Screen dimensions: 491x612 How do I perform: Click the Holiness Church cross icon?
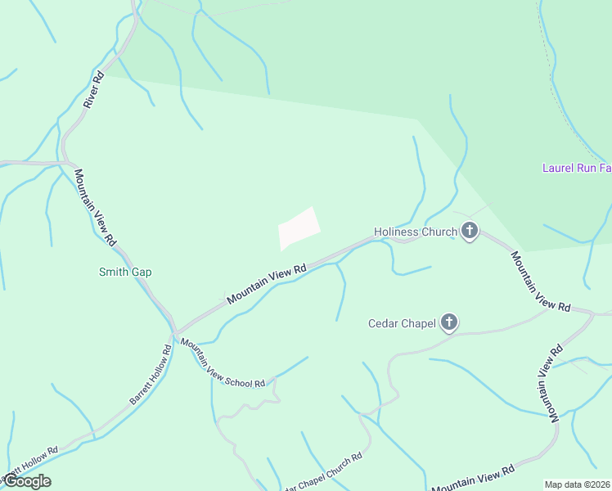pyautogui.click(x=470, y=232)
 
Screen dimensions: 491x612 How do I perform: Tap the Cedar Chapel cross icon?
pyautogui.click(x=448, y=323)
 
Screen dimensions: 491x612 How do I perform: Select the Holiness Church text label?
pyautogui.click(x=416, y=232)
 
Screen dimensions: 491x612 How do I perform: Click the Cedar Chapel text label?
pyautogui.click(x=401, y=324)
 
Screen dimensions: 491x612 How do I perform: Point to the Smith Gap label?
pyautogui.click(x=125, y=272)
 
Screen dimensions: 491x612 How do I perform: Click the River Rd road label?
pyautogui.click(x=94, y=90)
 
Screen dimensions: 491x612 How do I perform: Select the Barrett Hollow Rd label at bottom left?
pyautogui.click(x=29, y=462)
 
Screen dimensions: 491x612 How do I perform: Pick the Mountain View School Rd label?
pyautogui.click(x=223, y=363)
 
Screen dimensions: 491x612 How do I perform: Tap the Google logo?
pyautogui.click(x=26, y=481)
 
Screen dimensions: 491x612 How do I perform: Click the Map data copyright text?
pyautogui.click(x=577, y=484)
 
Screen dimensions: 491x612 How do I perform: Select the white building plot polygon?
pyautogui.click(x=298, y=227)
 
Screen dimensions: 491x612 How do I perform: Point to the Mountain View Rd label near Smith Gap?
pyautogui.click(x=96, y=208)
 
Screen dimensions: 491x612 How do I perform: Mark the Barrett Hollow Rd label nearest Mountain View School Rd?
pyautogui.click(x=151, y=374)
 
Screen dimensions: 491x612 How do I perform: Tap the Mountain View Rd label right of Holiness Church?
pyautogui.click(x=540, y=281)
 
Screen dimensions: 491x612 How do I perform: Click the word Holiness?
pyautogui.click(x=396, y=232)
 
